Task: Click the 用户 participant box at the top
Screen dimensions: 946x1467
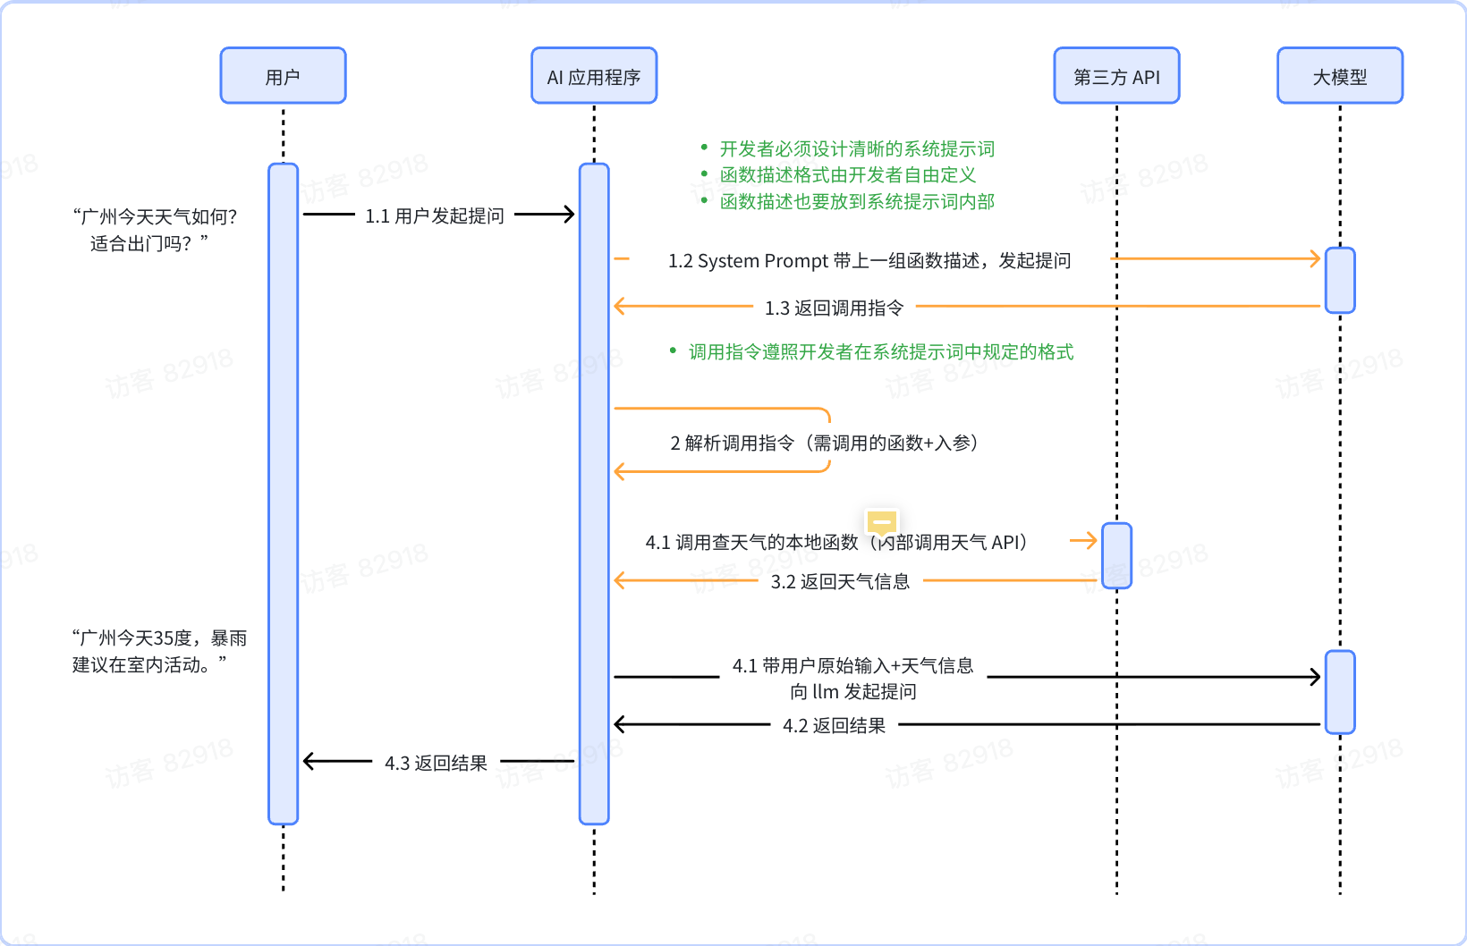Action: click(283, 76)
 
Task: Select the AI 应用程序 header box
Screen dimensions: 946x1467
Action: click(594, 76)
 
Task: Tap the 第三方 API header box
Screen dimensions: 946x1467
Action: click(1116, 76)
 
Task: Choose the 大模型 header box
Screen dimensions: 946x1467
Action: click(1339, 76)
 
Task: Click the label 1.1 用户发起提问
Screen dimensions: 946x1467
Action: click(435, 215)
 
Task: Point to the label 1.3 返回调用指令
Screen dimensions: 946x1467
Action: click(834, 308)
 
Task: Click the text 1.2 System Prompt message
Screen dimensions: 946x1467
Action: click(869, 260)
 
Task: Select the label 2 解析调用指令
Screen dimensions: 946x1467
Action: click(823, 443)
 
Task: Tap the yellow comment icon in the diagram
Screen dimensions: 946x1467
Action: click(881, 522)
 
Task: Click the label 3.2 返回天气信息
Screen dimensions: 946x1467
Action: click(840, 581)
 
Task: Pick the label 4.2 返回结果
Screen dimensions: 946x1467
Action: click(834, 725)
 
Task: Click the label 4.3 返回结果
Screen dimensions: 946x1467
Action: click(436, 763)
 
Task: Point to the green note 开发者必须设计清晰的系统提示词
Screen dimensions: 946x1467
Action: click(856, 148)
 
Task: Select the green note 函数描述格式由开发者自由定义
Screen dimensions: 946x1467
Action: click(847, 174)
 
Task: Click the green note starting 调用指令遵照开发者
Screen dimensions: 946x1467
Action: click(880, 351)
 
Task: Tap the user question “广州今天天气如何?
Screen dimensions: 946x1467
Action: click(155, 216)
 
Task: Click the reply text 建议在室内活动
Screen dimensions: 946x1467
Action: click(148, 664)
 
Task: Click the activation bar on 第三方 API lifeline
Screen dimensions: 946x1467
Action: click(1116, 555)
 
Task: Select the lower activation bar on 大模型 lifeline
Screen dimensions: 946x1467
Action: click(1339, 691)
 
